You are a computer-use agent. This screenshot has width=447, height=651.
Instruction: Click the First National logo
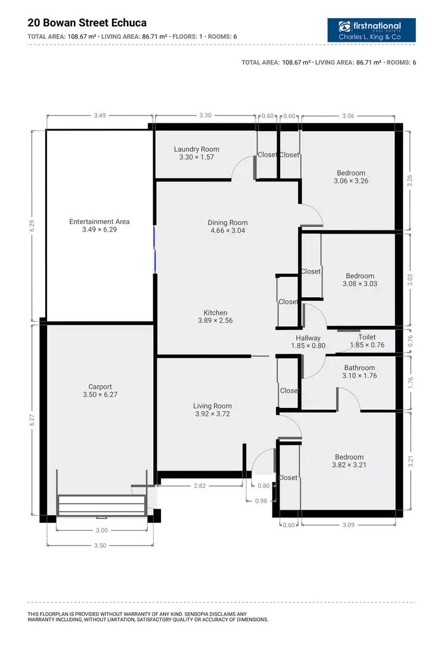[371, 30]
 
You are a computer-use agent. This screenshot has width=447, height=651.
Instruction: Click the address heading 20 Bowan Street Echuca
[87, 23]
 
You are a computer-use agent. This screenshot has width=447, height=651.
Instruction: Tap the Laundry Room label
[196, 153]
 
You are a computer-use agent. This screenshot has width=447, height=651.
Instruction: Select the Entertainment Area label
[99, 225]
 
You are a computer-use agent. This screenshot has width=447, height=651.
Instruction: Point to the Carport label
[100, 391]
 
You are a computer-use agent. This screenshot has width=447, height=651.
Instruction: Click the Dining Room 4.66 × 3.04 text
[228, 226]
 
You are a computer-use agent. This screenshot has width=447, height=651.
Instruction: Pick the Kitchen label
[215, 316]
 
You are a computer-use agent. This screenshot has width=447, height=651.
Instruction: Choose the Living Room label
[212, 410]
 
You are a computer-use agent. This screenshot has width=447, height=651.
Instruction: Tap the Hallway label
[308, 341]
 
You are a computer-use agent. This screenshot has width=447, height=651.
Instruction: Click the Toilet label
[367, 341]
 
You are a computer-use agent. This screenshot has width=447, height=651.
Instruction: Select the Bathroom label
[359, 372]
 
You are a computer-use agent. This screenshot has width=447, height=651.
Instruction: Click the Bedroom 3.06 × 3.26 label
[350, 177]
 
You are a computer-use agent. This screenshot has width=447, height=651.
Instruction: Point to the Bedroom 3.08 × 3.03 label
[360, 280]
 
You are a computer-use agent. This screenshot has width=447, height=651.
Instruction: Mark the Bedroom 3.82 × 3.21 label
[349, 461]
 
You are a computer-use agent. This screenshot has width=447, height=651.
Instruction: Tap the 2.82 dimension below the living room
[200, 486]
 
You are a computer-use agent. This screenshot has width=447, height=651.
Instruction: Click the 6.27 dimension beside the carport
[33, 420]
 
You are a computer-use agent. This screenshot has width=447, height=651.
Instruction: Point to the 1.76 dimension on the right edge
[409, 382]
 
